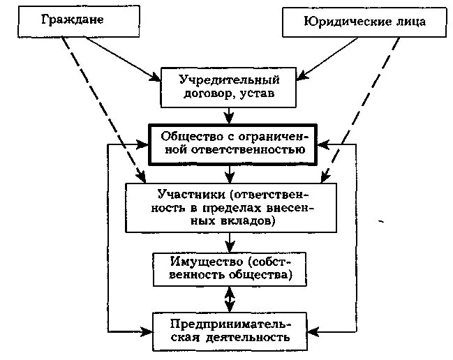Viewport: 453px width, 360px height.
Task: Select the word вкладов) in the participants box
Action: click(250, 221)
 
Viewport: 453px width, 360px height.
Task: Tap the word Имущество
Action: click(200, 262)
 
